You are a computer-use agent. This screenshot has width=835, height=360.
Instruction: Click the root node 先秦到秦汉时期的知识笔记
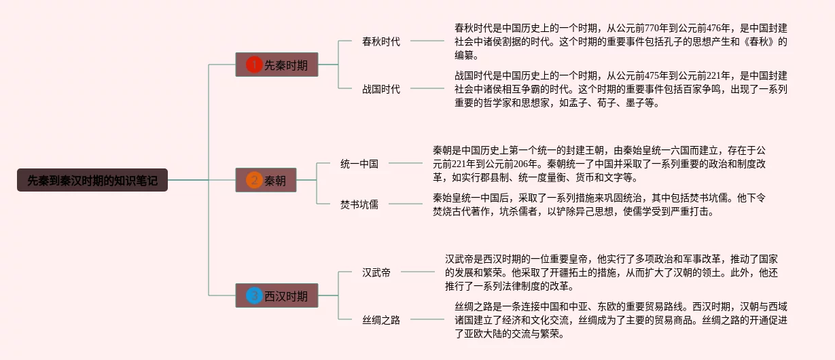click(92, 181)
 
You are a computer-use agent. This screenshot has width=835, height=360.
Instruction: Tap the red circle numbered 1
click(254, 65)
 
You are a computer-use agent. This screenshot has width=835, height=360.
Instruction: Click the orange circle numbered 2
click(254, 180)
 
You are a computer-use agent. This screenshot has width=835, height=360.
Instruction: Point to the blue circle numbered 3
click(254, 296)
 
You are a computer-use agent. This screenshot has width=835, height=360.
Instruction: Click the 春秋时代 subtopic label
click(381, 41)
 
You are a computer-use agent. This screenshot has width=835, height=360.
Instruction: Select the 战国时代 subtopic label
click(381, 89)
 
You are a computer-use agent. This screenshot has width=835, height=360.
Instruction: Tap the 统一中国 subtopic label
click(359, 164)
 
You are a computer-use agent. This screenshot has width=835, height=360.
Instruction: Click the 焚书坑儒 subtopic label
click(359, 204)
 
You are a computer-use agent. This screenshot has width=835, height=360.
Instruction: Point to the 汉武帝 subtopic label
click(376, 272)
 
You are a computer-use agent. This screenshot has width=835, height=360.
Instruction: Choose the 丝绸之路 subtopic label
click(381, 320)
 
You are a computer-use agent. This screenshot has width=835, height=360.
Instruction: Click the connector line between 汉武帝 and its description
click(417, 272)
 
